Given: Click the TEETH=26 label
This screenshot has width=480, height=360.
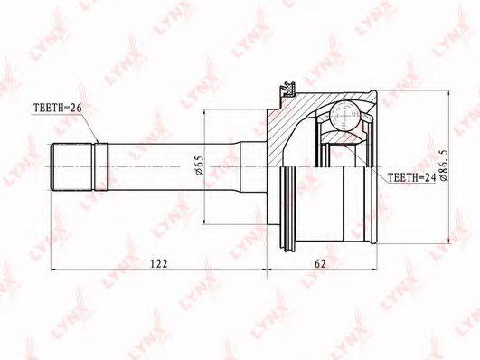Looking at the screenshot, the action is [58, 108].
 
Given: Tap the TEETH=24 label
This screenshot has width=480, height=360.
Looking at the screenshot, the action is [411, 177].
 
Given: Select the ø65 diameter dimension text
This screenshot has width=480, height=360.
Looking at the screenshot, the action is [199, 166].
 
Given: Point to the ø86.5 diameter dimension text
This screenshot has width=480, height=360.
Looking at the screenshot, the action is [445, 166].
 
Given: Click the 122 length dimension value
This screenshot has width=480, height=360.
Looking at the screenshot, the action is [159, 263].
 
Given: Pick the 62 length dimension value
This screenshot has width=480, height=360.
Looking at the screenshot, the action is [321, 263].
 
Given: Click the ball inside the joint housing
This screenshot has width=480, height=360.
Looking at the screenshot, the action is [345, 117].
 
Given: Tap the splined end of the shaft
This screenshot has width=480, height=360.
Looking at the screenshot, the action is [71, 167].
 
